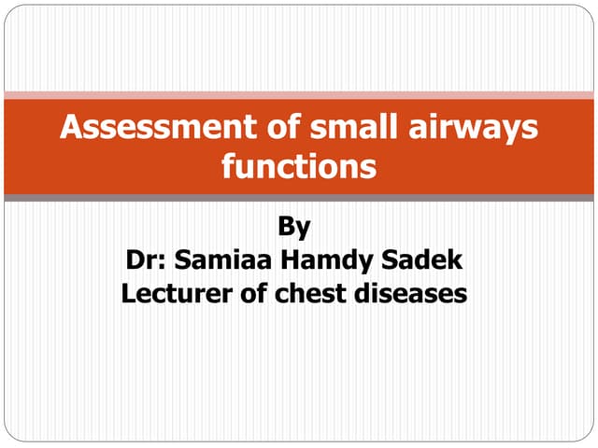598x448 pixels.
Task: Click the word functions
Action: [x=299, y=168]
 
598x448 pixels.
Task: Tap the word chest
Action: [x=311, y=294]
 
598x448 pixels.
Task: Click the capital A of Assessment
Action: [x=71, y=128]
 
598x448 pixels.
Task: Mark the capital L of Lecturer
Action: [x=130, y=294]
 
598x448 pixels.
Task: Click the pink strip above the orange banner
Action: [x=299, y=95]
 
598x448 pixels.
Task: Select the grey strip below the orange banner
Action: [x=299, y=198]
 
